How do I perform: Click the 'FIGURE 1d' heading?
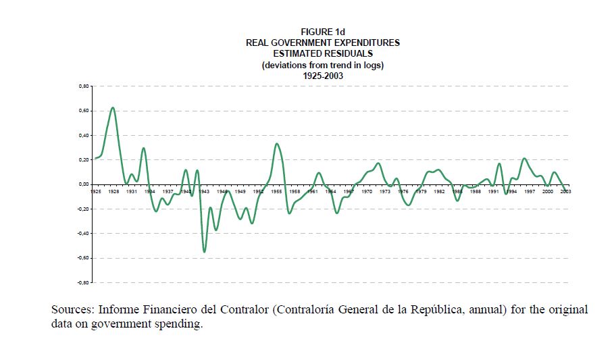tap(322, 32)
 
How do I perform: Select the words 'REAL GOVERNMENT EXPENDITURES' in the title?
tap(322, 43)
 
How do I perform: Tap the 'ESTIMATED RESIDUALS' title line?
tap(322, 53)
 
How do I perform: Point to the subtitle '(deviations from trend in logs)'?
tap(322, 65)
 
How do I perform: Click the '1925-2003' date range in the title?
tap(322, 76)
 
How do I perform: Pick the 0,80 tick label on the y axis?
tap(84, 86)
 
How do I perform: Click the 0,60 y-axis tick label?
tap(84, 111)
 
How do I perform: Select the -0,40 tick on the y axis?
tap(83, 234)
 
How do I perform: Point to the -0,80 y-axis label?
tap(83, 282)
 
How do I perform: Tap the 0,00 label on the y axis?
tap(84, 184)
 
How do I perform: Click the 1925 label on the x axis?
tap(95, 192)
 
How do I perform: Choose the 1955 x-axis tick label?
tap(276, 192)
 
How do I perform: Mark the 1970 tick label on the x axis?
tap(367, 192)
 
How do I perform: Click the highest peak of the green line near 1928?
tap(113, 107)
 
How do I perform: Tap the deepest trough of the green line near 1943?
tap(204, 252)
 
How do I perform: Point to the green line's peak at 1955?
tap(276, 143)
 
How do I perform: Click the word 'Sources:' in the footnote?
tap(72, 310)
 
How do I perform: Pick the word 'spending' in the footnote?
tap(179, 324)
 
